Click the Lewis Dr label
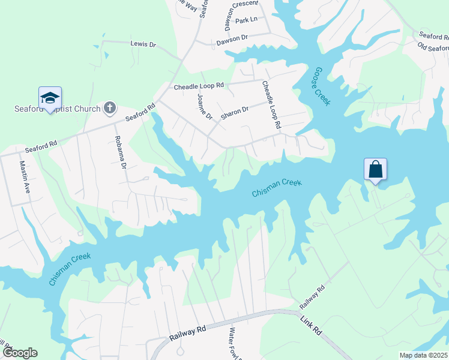pyautogui.click(x=143, y=44)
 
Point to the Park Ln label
pyautogui.click(x=246, y=20)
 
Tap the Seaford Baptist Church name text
pyautogui.click(x=56, y=109)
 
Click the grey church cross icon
pyautogui.click(x=109, y=107)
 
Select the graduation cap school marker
pyautogui.click(x=50, y=98)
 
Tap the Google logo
pyautogui.click(x=20, y=353)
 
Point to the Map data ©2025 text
pyautogui.click(x=423, y=355)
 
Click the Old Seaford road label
pyautogui.click(x=434, y=48)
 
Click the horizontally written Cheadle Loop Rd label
pyautogui.click(x=199, y=86)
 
